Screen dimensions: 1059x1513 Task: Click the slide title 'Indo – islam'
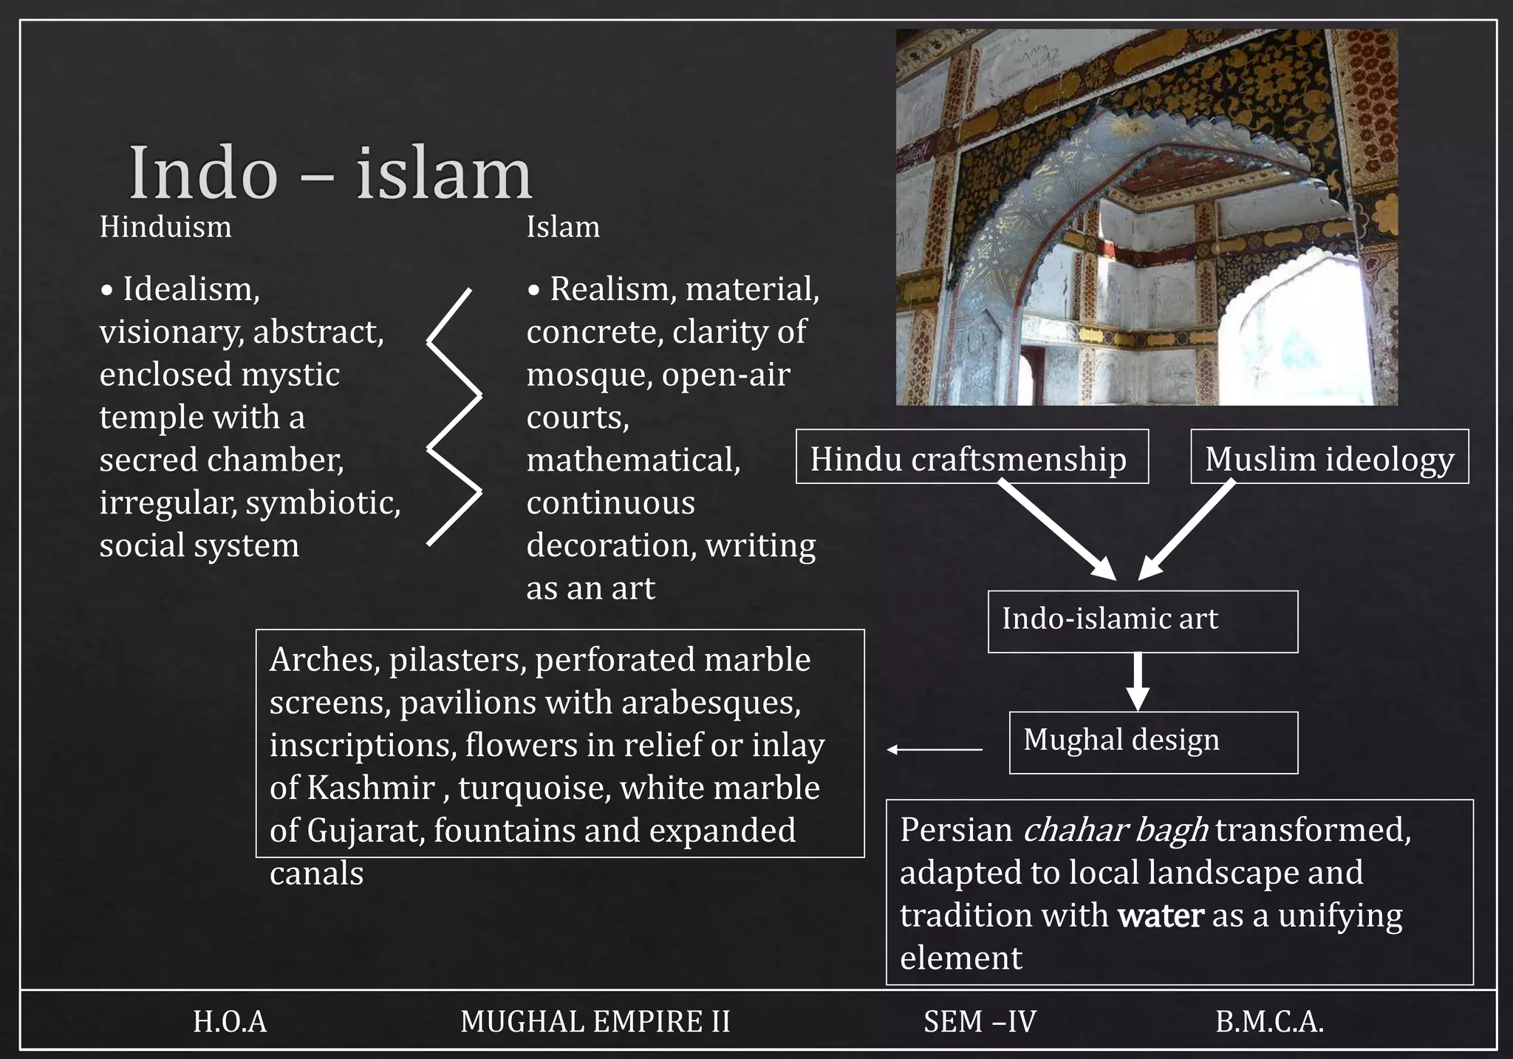tap(330, 174)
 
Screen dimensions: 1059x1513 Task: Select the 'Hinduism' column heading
tap(165, 227)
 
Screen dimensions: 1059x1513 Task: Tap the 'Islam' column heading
tap(563, 227)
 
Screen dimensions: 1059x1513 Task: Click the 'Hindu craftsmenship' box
tap(971, 457)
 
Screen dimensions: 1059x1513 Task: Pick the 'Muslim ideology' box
tap(1329, 457)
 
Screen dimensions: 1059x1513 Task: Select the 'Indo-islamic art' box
tap(1142, 621)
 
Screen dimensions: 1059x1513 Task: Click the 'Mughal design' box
tap(1152, 742)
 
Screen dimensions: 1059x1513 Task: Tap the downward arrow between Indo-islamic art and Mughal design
tap(1138, 680)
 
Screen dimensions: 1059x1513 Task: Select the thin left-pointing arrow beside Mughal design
tap(935, 749)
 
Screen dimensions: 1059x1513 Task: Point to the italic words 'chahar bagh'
tap(1116, 830)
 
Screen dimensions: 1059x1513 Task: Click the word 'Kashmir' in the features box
tap(370, 788)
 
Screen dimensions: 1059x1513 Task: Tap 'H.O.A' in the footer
tap(230, 1022)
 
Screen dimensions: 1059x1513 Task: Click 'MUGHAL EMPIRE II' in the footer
tap(595, 1022)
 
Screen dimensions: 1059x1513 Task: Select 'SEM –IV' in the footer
tap(980, 1022)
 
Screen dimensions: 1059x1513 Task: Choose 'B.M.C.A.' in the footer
tap(1269, 1022)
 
